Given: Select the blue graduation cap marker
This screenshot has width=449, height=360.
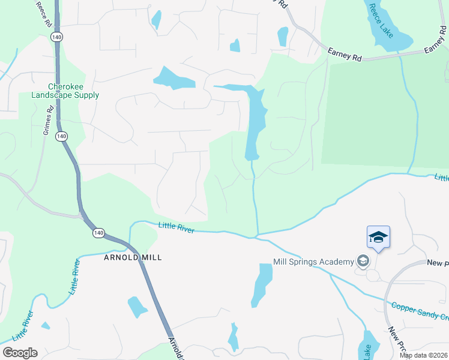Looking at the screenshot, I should [378, 237].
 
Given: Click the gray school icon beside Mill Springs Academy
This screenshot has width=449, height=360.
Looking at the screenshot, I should [362, 261].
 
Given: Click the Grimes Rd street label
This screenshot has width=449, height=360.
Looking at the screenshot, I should [49, 121].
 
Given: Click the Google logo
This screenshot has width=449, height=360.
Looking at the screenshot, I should [20, 353].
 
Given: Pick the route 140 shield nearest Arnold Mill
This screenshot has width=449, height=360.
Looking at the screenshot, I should [99, 232].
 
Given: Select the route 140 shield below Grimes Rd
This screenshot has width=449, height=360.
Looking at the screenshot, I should [61, 137].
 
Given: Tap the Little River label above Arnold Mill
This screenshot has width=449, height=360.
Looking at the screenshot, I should [176, 226].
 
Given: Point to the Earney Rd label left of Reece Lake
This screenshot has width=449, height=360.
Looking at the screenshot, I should [345, 55].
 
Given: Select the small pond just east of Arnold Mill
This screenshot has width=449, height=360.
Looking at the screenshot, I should [137, 307].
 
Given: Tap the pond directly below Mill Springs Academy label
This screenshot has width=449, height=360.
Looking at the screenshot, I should [262, 284].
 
